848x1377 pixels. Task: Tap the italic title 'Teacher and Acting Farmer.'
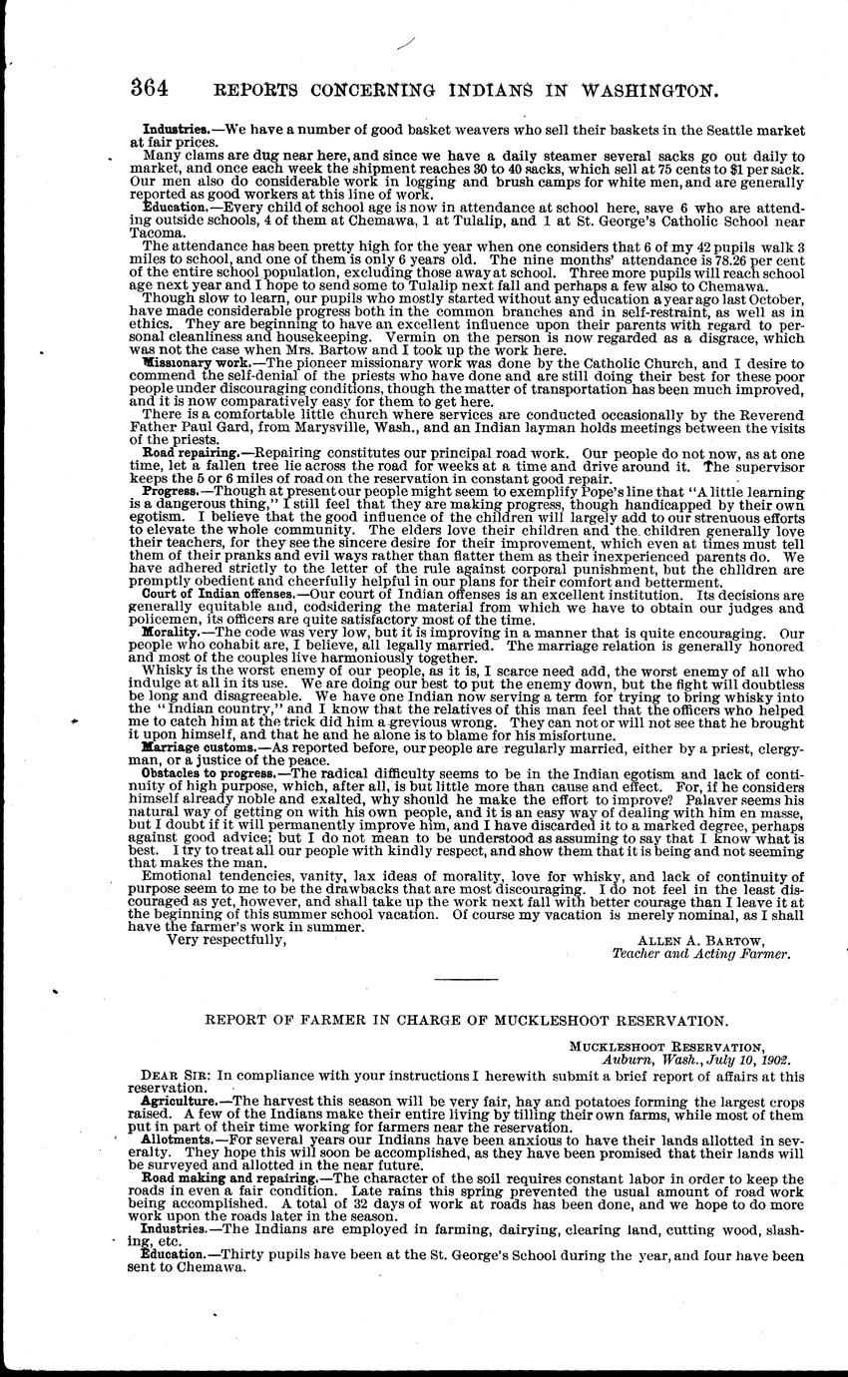(x=701, y=953)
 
